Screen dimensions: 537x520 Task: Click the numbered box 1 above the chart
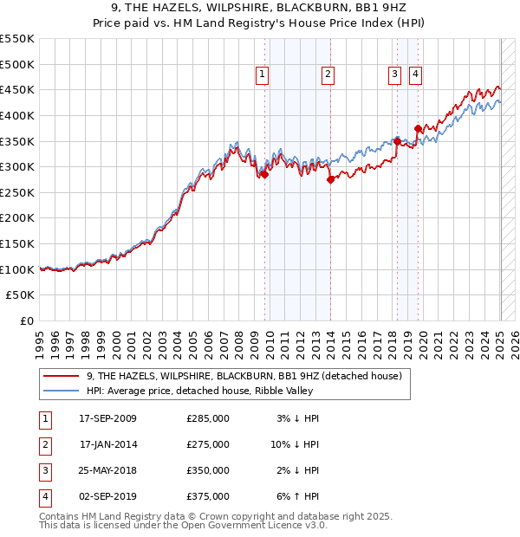tap(262, 75)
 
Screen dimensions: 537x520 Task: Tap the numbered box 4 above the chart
tap(416, 75)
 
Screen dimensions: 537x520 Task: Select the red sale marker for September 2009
tap(264, 174)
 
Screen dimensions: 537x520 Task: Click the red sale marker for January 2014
tap(330, 179)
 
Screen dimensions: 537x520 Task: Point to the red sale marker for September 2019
tap(418, 128)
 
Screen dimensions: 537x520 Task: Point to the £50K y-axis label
tap(21, 295)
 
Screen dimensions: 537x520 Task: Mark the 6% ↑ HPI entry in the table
tap(296, 496)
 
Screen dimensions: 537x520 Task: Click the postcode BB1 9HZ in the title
tap(388, 10)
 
